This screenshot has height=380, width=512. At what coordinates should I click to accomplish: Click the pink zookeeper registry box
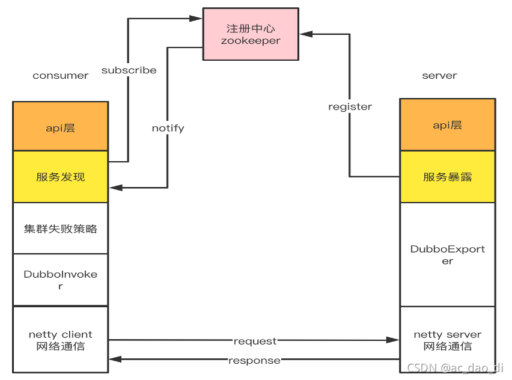click(251, 34)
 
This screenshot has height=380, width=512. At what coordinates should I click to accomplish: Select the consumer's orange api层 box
click(61, 126)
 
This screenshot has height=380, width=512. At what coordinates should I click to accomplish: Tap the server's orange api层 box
click(448, 125)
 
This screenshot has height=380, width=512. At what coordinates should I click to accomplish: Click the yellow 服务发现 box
click(61, 177)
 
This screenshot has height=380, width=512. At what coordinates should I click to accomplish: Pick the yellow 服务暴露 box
click(448, 177)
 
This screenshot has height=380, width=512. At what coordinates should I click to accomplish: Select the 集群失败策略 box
click(61, 228)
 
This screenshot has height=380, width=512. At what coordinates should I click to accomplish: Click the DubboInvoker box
click(61, 280)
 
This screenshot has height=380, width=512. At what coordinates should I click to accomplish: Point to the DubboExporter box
click(448, 254)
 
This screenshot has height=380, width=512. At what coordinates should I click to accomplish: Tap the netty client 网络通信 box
click(61, 340)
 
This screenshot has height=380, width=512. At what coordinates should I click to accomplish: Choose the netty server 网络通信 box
click(448, 340)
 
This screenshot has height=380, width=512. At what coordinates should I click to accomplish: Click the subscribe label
click(129, 70)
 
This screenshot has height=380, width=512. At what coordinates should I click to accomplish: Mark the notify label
click(168, 128)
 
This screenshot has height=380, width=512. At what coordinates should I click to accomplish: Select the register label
click(350, 106)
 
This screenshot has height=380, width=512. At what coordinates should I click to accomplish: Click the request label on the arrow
click(255, 341)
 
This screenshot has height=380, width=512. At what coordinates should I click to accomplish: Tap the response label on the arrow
click(254, 360)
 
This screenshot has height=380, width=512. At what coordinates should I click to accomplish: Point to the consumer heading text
click(61, 76)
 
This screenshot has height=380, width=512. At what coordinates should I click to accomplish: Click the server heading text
click(439, 76)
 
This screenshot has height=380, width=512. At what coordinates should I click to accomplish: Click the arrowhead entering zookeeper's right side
click(305, 34)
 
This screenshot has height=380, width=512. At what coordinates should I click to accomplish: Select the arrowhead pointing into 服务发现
click(115, 188)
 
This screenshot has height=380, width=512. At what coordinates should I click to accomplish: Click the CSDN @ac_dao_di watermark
click(455, 368)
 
